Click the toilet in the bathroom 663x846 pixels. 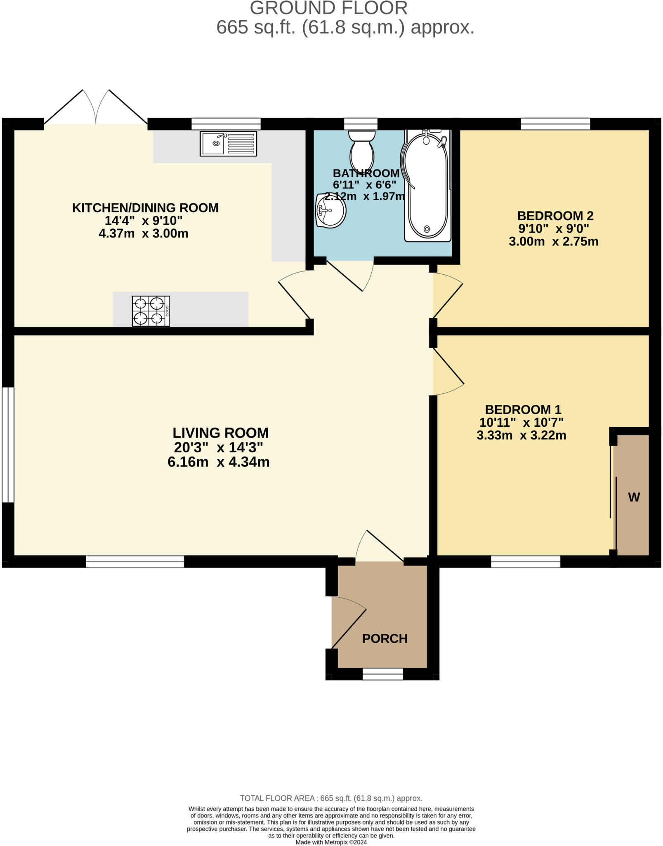tap(362, 150)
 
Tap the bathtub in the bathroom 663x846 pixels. tap(427, 185)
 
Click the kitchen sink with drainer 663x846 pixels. tap(228, 143)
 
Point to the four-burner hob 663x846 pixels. tap(151, 311)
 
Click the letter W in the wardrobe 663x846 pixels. tap(634, 497)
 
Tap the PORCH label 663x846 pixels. tap(385, 639)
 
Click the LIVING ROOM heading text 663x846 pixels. tap(220, 433)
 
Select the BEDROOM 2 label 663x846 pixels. tap(555, 216)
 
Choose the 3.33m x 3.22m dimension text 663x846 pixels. tap(521, 435)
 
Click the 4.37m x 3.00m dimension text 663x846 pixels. tap(143, 233)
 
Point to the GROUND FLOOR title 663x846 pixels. tap(328, 8)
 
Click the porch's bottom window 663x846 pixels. tap(383, 674)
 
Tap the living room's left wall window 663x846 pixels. tap(8, 445)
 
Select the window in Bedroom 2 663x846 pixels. tap(555, 124)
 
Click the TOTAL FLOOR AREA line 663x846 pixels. tap(331, 798)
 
